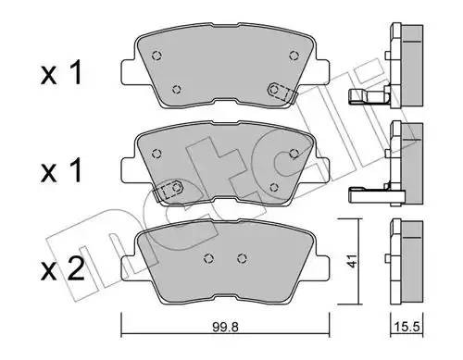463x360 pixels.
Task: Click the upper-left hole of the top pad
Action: tap(155, 52)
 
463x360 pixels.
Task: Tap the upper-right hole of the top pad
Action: tap(295, 54)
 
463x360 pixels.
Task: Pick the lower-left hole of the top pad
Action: tap(178, 90)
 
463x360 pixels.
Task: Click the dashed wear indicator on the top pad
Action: tap(279, 91)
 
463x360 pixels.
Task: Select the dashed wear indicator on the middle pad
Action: tap(169, 190)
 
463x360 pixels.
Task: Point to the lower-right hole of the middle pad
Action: tap(274, 187)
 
